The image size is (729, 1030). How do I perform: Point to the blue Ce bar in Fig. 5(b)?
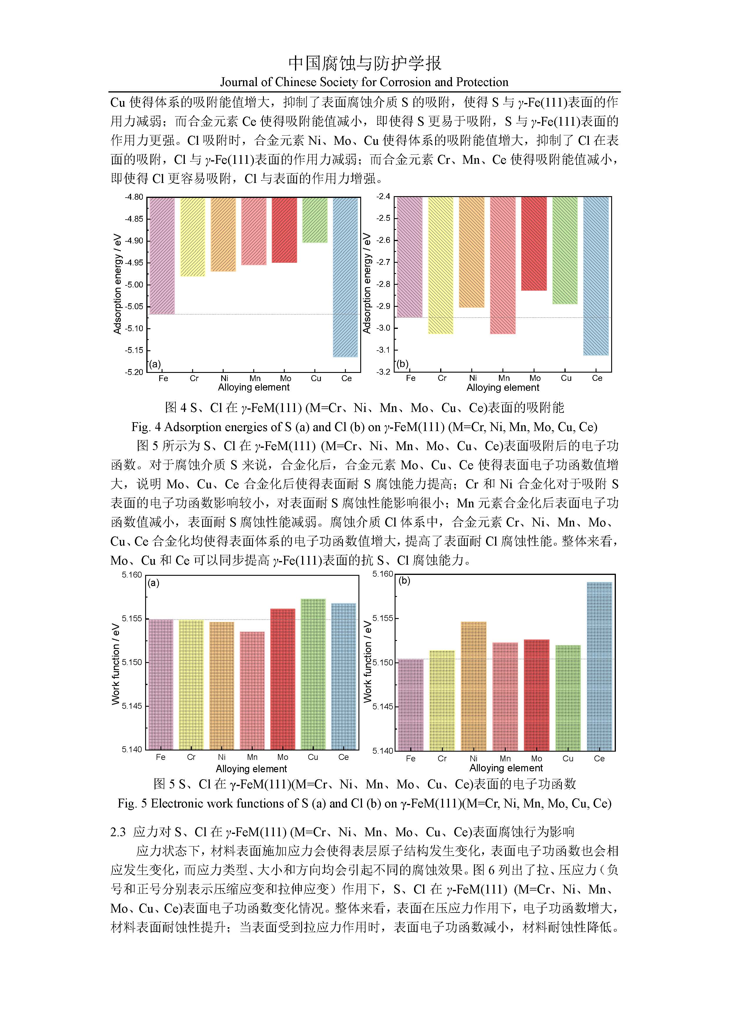tap(599, 666)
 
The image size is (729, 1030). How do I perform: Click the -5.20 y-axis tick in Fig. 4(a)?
tap(134, 372)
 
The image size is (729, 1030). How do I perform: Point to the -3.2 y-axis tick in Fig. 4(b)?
tap(384, 372)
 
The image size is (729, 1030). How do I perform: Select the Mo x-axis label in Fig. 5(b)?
tap(537, 759)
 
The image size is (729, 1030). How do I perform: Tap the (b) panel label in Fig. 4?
tap(403, 364)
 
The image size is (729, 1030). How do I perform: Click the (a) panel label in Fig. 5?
tap(153, 583)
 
